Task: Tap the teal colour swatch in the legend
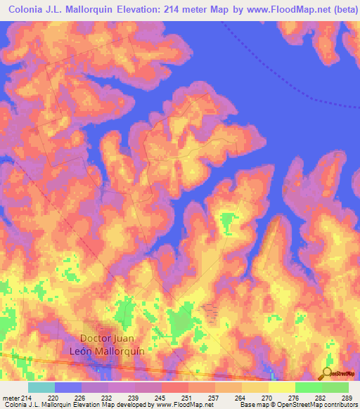click(x=41, y=387)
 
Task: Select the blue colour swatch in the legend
click(x=68, y=387)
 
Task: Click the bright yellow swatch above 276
click(x=281, y=387)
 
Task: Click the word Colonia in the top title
click(x=28, y=10)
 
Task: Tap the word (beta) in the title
click(x=342, y=10)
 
